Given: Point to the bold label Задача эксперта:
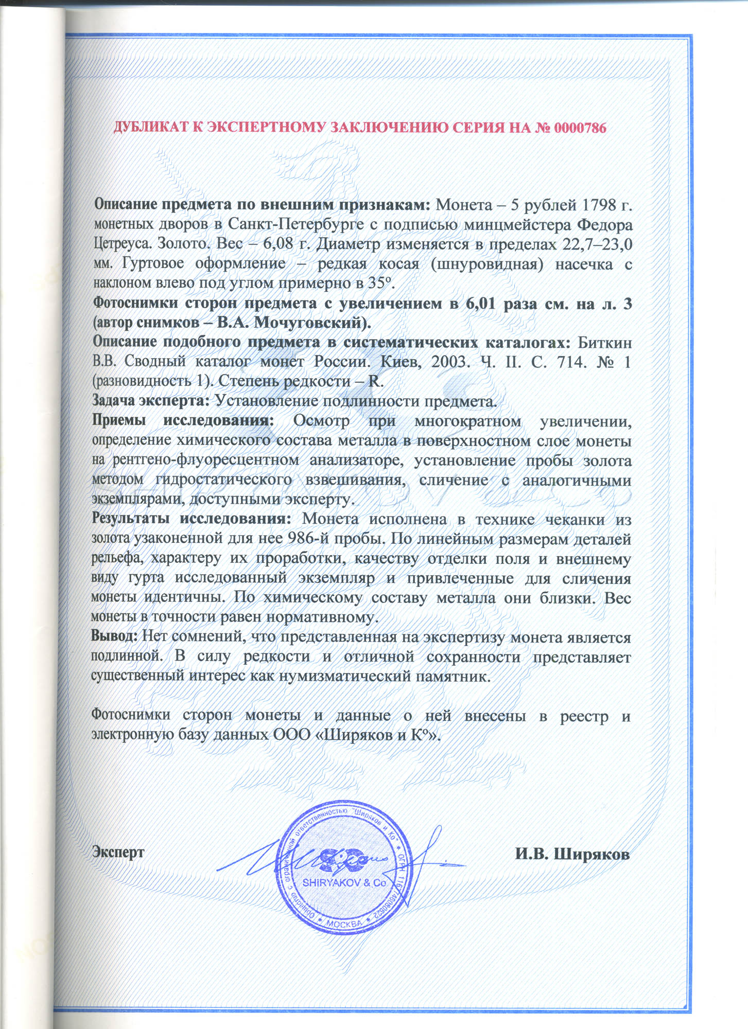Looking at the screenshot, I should (151, 400).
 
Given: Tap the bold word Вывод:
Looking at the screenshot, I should (114, 636).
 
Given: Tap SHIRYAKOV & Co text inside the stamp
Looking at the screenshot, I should (344, 882).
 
